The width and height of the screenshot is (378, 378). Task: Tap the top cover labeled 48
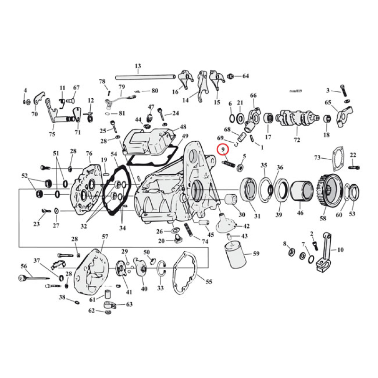[x=144, y=140]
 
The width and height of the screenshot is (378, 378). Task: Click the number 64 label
[x=245, y=76]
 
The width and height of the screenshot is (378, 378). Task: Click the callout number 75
[x=52, y=133]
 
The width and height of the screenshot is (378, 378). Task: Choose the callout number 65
[x=328, y=102]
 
